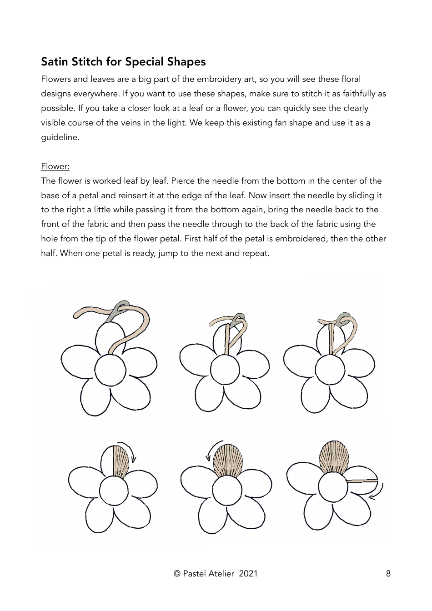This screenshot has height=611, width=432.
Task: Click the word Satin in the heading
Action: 55,62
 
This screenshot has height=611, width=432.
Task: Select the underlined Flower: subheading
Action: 55,166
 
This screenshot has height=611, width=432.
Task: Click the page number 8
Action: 388,574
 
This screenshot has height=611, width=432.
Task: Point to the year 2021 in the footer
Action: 248,574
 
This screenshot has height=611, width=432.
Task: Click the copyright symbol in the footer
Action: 177,574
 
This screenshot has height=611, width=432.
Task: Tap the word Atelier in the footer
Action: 221,574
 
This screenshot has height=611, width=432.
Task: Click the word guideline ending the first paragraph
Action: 60,137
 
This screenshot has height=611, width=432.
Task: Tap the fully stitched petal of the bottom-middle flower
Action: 228,460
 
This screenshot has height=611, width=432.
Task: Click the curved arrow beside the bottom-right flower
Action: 377,492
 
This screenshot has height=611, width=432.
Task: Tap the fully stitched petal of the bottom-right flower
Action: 334,457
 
